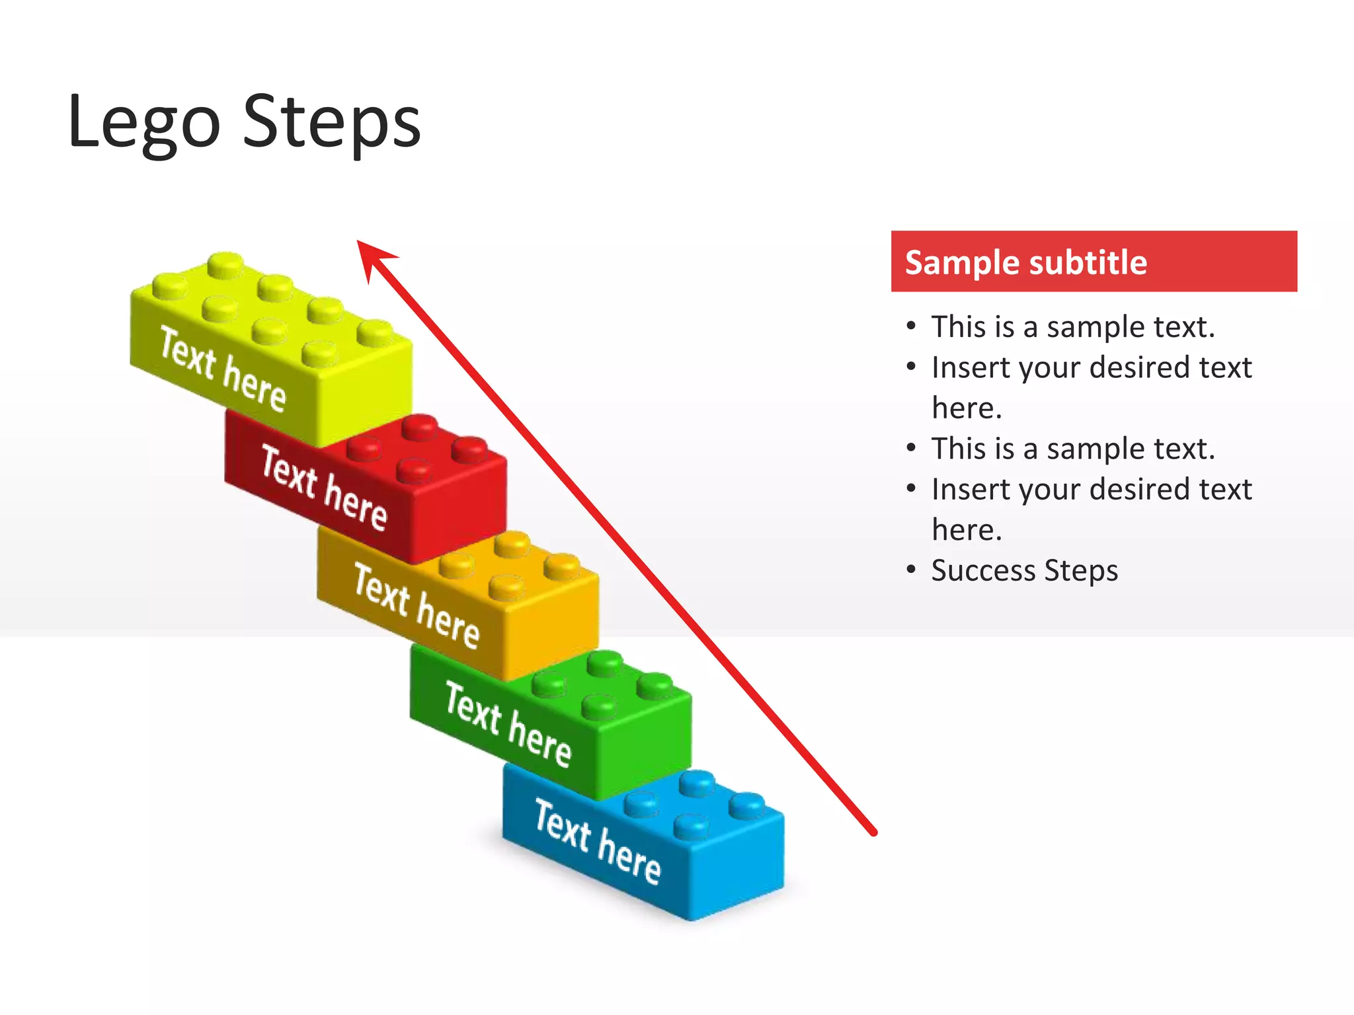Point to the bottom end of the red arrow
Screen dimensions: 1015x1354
click(x=873, y=832)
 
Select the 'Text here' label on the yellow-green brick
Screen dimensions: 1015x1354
click(x=223, y=369)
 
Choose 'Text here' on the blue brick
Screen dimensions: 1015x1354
click(x=597, y=841)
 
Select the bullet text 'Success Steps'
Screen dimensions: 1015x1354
click(x=1024, y=570)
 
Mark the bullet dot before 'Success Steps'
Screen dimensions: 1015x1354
click(x=912, y=569)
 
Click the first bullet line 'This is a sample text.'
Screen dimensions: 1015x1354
click(x=1072, y=327)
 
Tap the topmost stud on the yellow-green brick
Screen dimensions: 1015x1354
click(x=225, y=264)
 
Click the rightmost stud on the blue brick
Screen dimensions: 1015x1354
click(x=747, y=804)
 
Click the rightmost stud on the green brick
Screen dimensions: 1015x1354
click(x=655, y=685)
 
